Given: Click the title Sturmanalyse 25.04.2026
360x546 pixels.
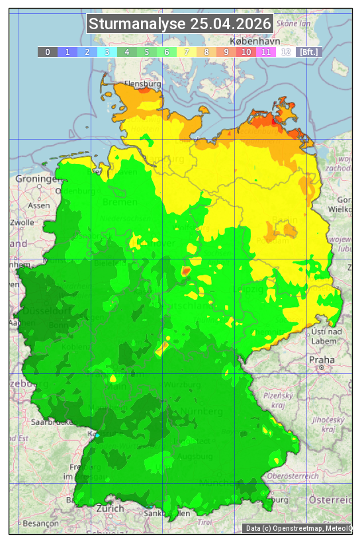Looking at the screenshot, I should tap(180, 24).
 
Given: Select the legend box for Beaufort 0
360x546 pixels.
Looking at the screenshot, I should tap(48, 52).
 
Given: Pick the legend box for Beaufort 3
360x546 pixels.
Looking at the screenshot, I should tap(107, 52).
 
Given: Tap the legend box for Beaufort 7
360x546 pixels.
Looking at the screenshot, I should tap(187, 52).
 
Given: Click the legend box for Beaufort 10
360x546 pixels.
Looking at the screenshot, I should tap(246, 52).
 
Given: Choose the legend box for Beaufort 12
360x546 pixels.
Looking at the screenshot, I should tap(286, 52).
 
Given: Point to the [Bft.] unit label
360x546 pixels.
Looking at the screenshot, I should tap(308, 52).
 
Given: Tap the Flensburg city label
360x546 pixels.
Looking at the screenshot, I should tap(142, 85).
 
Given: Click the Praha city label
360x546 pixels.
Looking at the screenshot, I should tap(321, 359).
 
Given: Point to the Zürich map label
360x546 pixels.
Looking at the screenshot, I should tap(110, 508).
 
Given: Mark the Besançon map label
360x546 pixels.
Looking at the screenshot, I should tap(39, 523).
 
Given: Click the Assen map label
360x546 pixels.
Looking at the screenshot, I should tap(39, 205).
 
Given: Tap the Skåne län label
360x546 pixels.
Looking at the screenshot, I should tap(294, 23).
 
